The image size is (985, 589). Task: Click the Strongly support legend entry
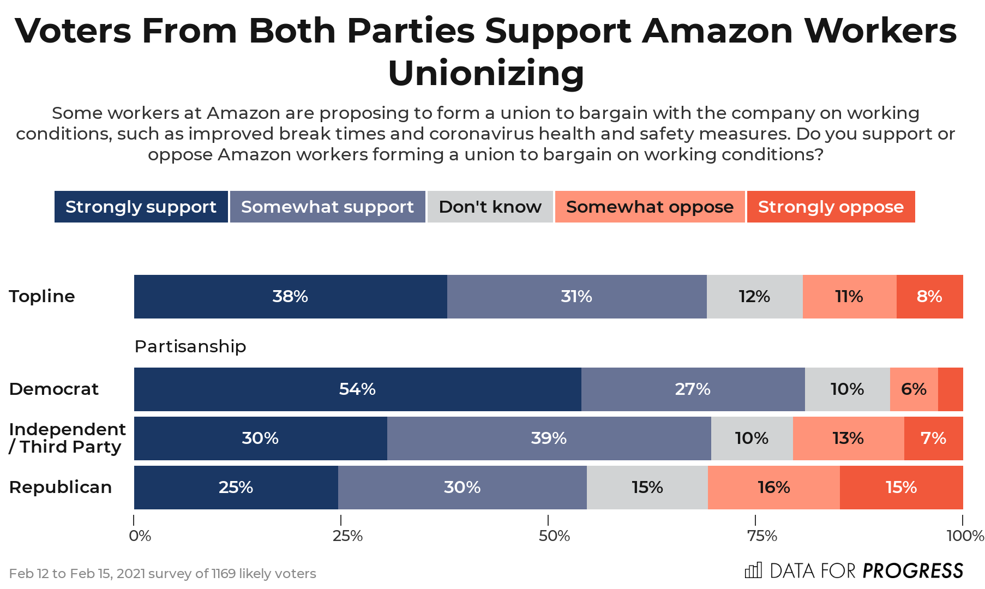tap(141, 207)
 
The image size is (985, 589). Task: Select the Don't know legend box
tap(490, 207)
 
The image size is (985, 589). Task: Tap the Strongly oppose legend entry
tap(831, 207)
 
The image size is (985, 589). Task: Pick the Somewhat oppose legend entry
tap(650, 207)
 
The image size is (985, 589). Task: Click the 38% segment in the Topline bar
tap(290, 297)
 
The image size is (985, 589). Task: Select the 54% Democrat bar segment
tap(357, 389)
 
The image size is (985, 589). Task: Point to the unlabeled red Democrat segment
tap(951, 389)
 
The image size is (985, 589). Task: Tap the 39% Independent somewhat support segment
tap(549, 438)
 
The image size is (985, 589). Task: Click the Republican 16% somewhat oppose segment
tap(773, 488)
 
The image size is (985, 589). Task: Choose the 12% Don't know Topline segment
tap(754, 297)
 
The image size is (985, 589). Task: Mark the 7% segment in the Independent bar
tap(933, 438)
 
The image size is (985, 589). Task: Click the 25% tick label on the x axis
tap(347, 536)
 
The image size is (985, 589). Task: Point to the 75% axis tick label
tap(762, 536)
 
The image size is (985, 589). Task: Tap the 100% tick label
tap(965, 536)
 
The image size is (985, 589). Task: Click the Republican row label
tap(61, 487)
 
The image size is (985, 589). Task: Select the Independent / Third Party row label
tap(67, 438)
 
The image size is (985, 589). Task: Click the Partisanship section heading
tap(190, 346)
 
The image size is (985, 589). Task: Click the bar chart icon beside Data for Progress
tap(753, 570)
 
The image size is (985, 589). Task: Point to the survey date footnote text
tap(163, 574)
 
